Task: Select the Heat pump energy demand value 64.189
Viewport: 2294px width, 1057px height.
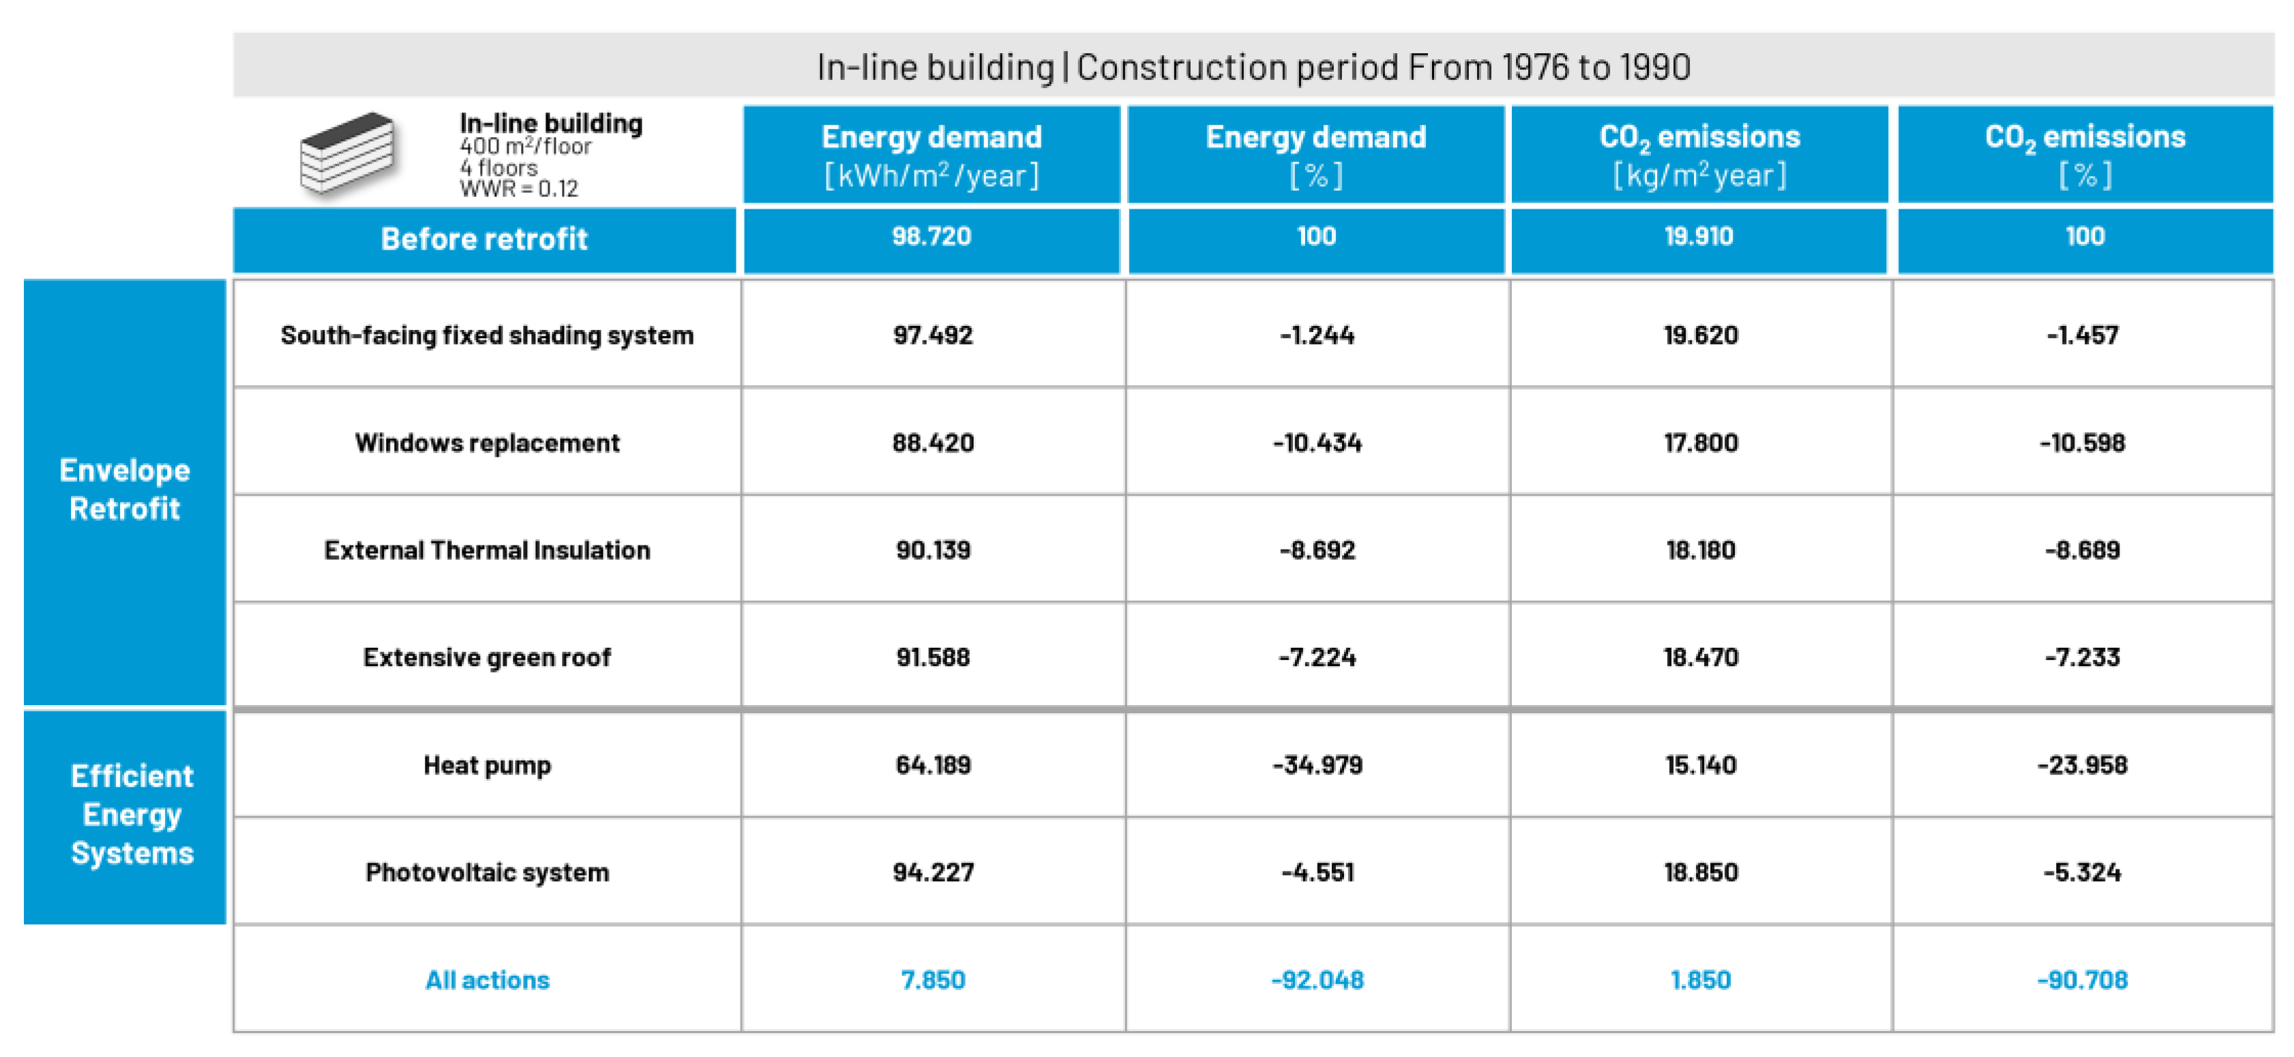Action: (x=932, y=765)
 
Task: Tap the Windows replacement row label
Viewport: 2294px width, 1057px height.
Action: (x=486, y=443)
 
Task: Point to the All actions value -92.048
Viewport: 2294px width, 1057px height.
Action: (x=1316, y=979)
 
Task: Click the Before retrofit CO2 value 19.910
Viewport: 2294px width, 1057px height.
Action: (x=1698, y=237)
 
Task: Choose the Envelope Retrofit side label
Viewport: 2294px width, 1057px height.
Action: (x=125, y=490)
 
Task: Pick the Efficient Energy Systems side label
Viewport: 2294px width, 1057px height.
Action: (x=132, y=814)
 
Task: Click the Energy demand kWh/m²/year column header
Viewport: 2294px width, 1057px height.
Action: (x=931, y=155)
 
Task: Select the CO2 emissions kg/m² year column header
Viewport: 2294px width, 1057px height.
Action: (x=1699, y=155)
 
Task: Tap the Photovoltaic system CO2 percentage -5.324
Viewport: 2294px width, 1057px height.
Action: (x=2082, y=872)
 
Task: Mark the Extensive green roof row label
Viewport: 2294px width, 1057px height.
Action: (x=486, y=657)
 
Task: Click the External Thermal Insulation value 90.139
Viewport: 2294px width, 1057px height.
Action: (x=932, y=550)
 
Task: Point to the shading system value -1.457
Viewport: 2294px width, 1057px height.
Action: (x=2082, y=335)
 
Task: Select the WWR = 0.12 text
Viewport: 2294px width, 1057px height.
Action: (x=519, y=189)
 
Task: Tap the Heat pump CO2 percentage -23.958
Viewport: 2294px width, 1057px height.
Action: (x=2082, y=765)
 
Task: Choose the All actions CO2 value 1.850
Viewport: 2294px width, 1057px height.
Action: (x=1699, y=979)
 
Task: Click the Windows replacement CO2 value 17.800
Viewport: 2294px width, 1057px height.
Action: (x=1700, y=443)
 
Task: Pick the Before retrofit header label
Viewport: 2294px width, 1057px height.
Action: (x=483, y=239)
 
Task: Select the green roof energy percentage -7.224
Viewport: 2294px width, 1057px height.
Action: (x=1316, y=657)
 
